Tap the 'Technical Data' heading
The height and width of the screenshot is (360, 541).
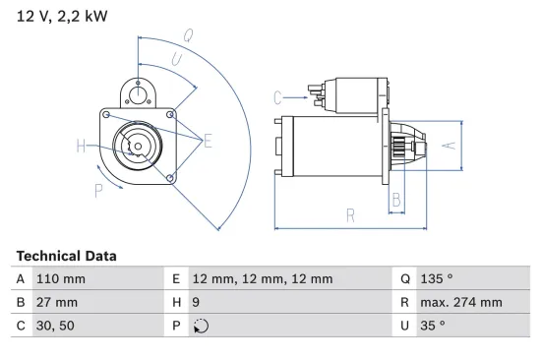66,256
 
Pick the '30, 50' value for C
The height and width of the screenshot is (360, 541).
53,326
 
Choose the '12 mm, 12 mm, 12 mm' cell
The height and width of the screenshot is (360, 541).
262,278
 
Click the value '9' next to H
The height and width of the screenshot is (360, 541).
197,302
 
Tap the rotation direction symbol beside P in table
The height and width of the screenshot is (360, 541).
201,326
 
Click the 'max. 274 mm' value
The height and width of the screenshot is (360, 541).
462,302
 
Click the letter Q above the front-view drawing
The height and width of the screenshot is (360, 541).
187,34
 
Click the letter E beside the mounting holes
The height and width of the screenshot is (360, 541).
208,142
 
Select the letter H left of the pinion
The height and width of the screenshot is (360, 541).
82,148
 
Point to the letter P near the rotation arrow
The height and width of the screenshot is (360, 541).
98,190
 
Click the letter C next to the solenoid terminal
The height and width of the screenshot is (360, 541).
277,96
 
